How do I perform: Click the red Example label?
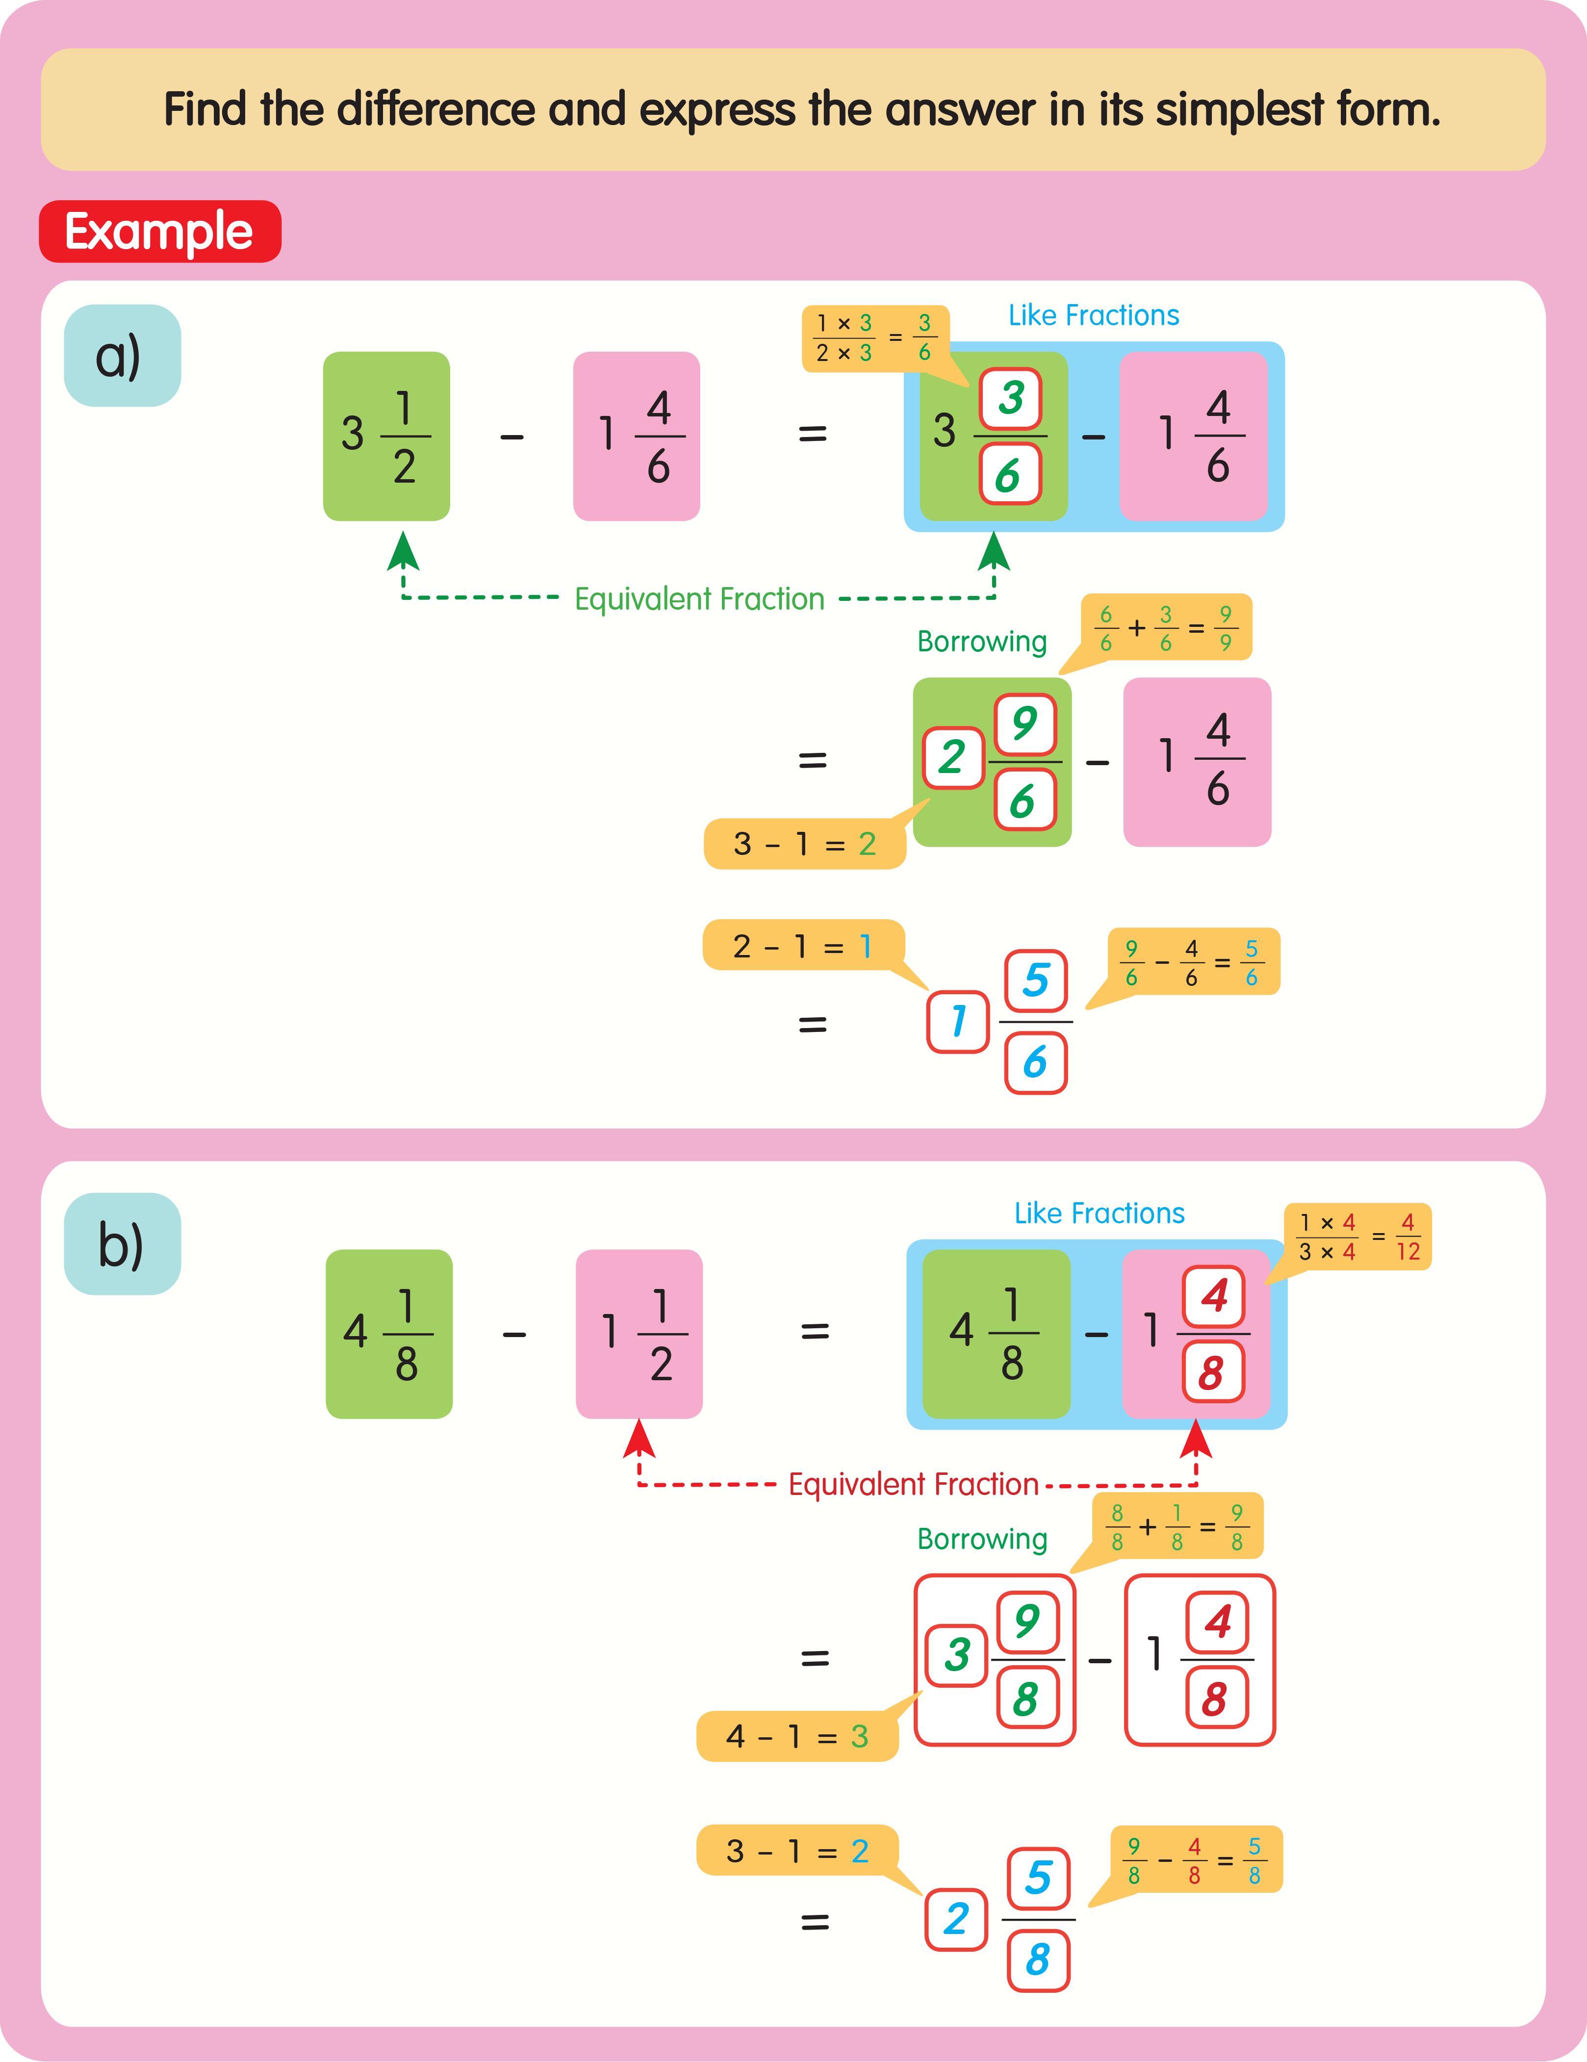(159, 232)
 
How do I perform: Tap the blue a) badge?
(122, 356)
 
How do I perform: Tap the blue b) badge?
(122, 1243)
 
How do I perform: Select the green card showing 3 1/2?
(386, 436)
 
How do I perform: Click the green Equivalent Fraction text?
(699, 598)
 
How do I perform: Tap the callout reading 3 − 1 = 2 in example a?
(804, 843)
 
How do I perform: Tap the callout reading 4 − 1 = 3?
(797, 1735)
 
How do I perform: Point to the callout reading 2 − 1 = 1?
(802, 945)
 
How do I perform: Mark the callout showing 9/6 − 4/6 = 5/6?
(1192, 962)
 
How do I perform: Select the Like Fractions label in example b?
(1099, 1213)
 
